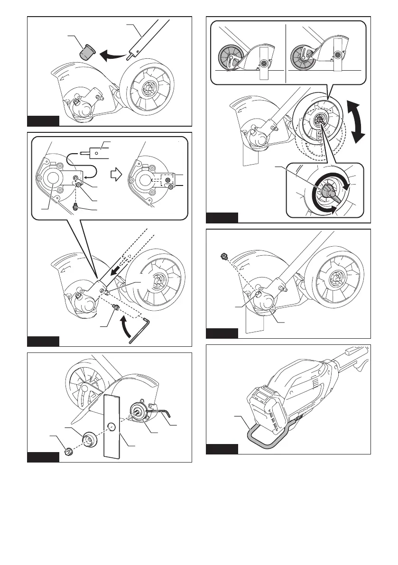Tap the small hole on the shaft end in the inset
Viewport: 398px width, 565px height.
97,153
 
